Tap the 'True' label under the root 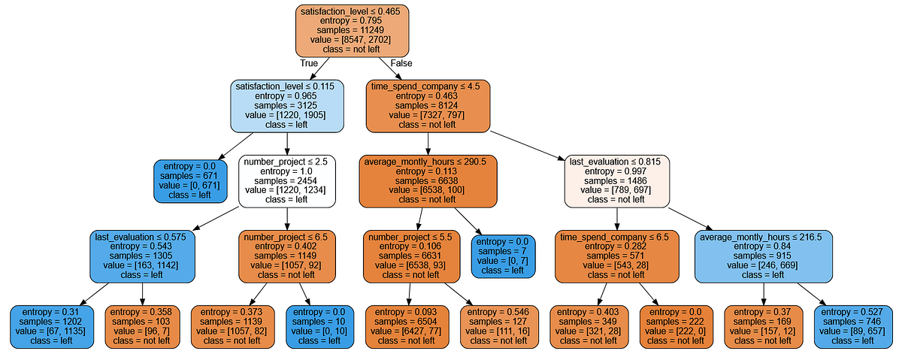(x=309, y=63)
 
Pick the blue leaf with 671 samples (x=191, y=181)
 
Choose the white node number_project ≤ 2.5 (x=287, y=181)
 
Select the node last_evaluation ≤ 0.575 (x=143, y=256)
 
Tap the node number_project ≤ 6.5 (x=287, y=256)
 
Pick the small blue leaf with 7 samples (x=501, y=256)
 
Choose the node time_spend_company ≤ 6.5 (x=617, y=256)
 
